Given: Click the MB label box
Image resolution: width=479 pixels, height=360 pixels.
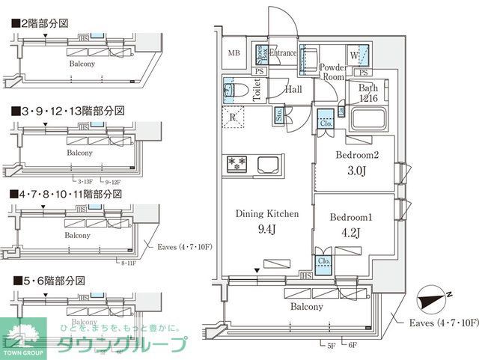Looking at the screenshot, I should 234,53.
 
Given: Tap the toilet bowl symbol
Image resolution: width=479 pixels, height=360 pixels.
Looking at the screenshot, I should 235,89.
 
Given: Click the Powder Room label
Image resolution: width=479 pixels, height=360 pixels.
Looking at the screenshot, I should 332,72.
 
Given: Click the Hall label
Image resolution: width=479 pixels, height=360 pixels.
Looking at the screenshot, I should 293,89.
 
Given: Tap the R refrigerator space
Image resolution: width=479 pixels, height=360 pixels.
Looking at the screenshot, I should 234,117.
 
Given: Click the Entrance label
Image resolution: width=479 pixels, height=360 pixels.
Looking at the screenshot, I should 283,53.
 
